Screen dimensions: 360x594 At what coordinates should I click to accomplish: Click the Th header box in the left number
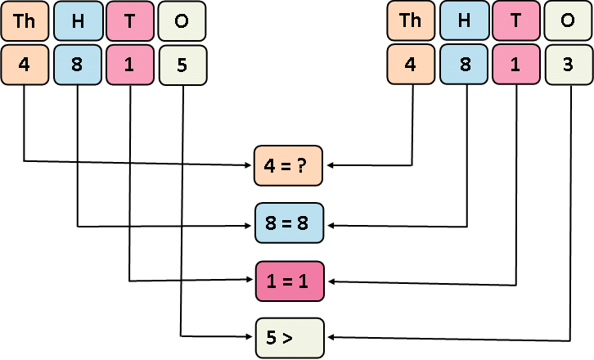click(25, 22)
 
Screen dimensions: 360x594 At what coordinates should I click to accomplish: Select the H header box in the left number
click(78, 22)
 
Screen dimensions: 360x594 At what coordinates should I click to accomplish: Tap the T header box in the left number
click(130, 22)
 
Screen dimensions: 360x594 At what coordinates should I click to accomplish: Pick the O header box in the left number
click(182, 22)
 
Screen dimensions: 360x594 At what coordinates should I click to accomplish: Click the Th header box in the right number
click(411, 22)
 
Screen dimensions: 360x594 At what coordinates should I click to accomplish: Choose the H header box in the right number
click(464, 22)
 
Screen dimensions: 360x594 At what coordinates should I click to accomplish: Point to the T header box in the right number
click(516, 22)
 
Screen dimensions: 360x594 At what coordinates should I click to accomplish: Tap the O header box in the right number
click(569, 22)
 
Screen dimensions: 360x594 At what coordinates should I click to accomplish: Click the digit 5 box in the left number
click(182, 65)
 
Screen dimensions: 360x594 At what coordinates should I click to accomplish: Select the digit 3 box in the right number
click(569, 65)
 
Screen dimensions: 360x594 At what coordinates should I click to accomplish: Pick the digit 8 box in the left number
click(78, 65)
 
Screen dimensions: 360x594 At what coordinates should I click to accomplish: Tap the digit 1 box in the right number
click(516, 65)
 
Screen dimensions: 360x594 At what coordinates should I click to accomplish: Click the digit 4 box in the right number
click(411, 65)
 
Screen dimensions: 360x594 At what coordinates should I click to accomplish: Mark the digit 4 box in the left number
click(25, 65)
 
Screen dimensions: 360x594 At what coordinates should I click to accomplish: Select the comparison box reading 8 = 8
click(290, 223)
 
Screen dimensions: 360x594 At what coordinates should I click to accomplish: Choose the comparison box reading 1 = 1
click(290, 280)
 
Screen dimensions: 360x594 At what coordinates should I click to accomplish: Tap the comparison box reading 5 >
click(290, 337)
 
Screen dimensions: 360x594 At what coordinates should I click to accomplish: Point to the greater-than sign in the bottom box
click(289, 337)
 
